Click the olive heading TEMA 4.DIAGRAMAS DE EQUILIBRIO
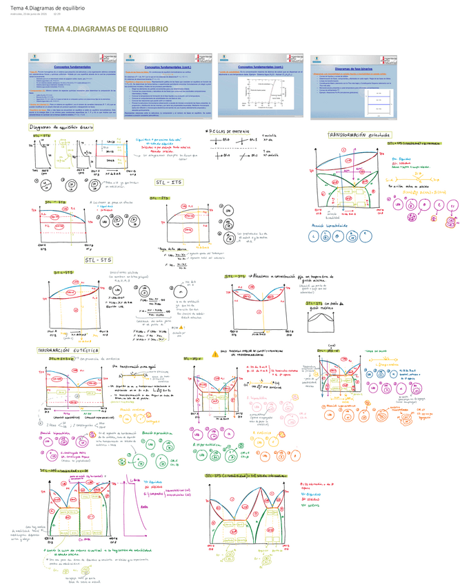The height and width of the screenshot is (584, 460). click(106, 30)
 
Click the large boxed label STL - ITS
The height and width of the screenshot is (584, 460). click(168, 182)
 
